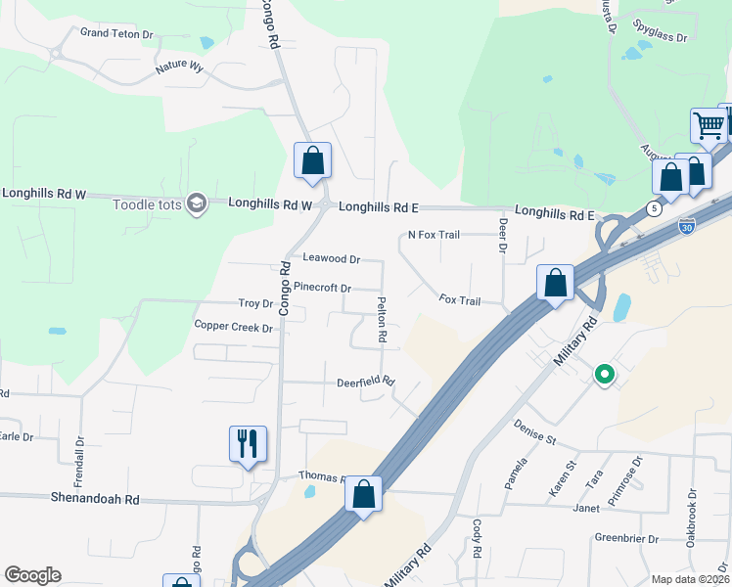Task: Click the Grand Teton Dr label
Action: (117, 33)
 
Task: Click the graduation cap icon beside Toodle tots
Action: (196, 203)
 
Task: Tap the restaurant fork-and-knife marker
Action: (248, 443)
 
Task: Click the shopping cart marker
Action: (707, 125)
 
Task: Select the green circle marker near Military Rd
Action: (605, 373)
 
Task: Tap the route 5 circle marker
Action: (652, 207)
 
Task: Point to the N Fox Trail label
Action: (433, 236)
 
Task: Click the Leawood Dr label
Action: (332, 259)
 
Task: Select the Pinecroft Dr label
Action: (322, 288)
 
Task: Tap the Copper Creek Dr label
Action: (233, 327)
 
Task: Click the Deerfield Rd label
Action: (365, 382)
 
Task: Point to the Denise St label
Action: (534, 430)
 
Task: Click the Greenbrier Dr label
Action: (623, 537)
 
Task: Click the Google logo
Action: (32, 575)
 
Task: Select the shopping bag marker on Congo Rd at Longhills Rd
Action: (312, 159)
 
